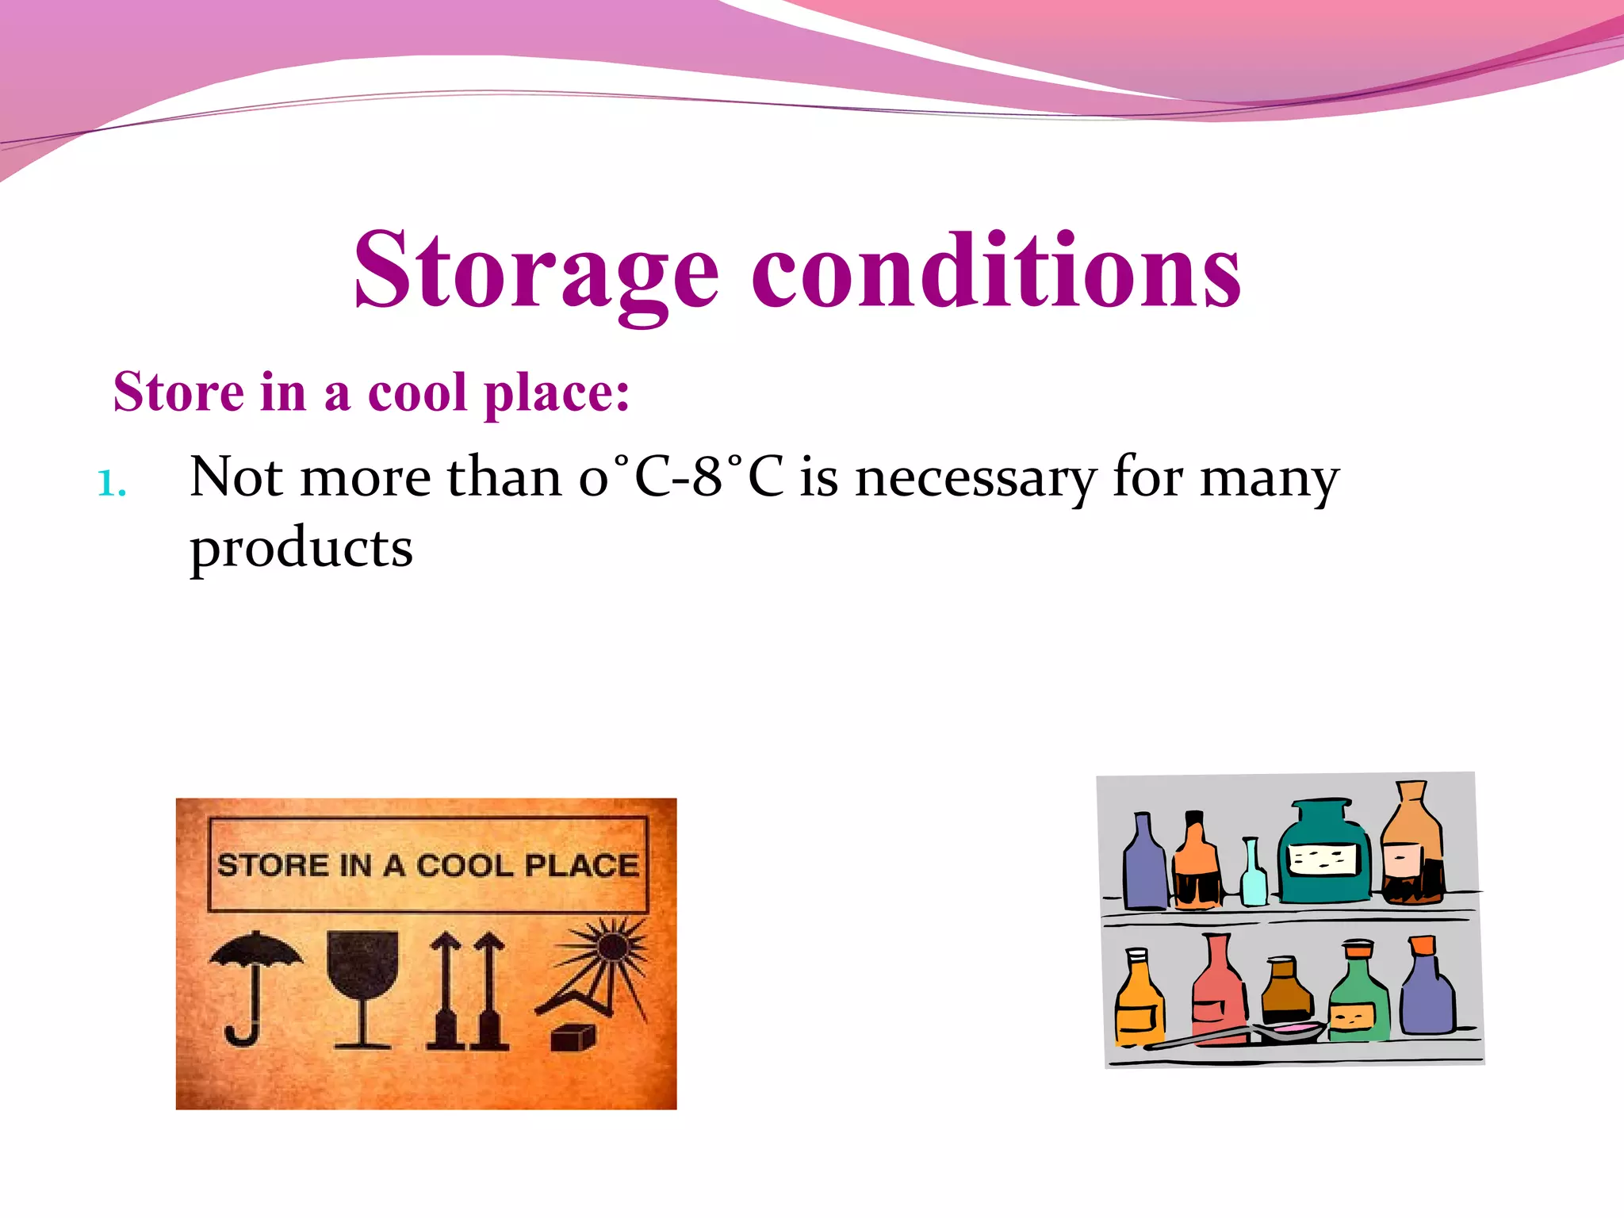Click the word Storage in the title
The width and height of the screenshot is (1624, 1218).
(x=536, y=271)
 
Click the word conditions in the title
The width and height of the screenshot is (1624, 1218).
(x=995, y=271)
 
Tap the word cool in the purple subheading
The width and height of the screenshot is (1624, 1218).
(x=417, y=393)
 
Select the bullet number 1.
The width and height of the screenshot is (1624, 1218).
(x=111, y=483)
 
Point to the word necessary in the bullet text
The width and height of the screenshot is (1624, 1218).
(x=975, y=478)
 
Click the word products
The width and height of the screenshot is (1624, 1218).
(x=301, y=549)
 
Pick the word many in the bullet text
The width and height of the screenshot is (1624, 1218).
(x=1269, y=478)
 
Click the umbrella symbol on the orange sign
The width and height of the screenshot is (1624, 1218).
(x=254, y=983)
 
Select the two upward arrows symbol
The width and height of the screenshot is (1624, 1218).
(x=468, y=991)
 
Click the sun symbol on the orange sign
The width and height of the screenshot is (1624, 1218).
(x=609, y=948)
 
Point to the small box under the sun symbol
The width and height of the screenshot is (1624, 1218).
(x=573, y=1036)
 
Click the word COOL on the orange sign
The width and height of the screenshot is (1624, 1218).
(x=465, y=865)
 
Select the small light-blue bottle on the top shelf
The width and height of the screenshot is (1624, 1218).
(x=1253, y=876)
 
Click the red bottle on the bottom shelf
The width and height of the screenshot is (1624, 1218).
(x=1220, y=991)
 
